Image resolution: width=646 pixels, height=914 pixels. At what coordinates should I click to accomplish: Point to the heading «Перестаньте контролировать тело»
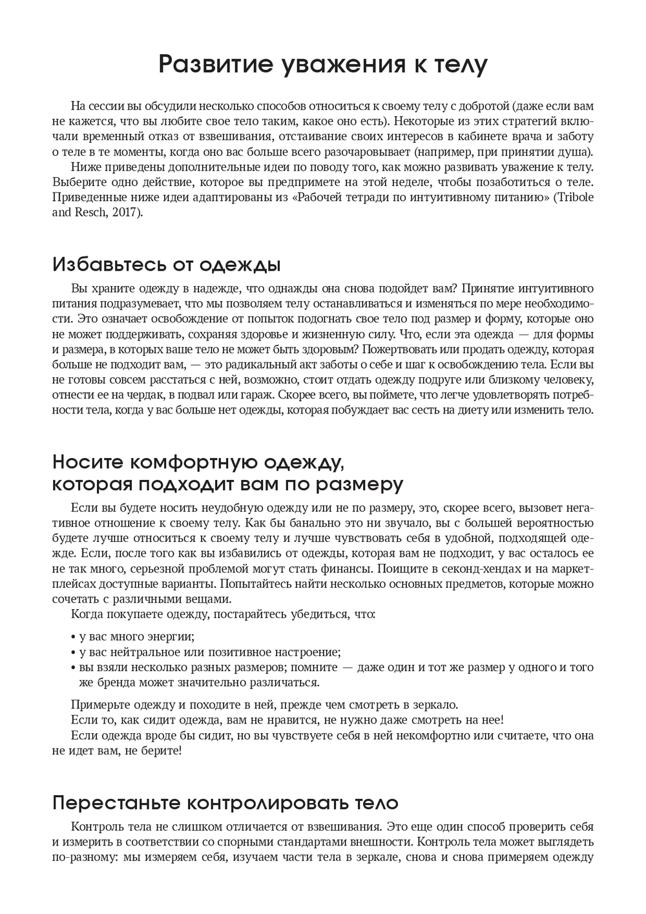click(x=225, y=803)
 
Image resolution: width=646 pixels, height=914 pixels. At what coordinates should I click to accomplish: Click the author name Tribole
click(x=574, y=198)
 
